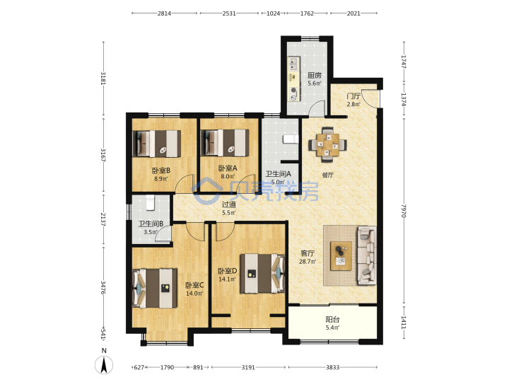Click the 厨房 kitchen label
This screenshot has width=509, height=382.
click(x=314, y=76)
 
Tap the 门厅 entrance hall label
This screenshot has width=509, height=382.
click(x=353, y=96)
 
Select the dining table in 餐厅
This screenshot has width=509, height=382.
click(x=327, y=144)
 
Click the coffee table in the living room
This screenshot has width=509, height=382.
click(x=341, y=255)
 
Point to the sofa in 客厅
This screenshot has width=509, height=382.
click(x=367, y=255)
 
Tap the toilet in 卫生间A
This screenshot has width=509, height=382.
click(x=291, y=139)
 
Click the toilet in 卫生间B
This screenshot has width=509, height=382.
click(x=150, y=202)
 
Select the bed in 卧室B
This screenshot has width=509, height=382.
click(x=157, y=144)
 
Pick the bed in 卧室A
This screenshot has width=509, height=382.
click(x=225, y=143)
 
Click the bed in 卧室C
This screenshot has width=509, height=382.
click(x=155, y=288)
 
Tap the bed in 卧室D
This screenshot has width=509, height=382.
click(x=262, y=274)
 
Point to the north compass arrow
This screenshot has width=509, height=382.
click(x=104, y=365)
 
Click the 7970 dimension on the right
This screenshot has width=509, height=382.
click(x=404, y=211)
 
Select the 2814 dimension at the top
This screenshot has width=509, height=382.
click(x=164, y=13)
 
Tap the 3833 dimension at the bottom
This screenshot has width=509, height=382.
click(x=332, y=367)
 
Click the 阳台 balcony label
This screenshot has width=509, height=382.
click(x=332, y=320)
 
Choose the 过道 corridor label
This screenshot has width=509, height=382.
click(x=229, y=204)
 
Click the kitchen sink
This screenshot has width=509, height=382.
click(x=294, y=64)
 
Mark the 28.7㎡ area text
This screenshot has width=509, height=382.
click(x=307, y=262)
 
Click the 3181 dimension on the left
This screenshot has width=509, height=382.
click(x=103, y=78)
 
